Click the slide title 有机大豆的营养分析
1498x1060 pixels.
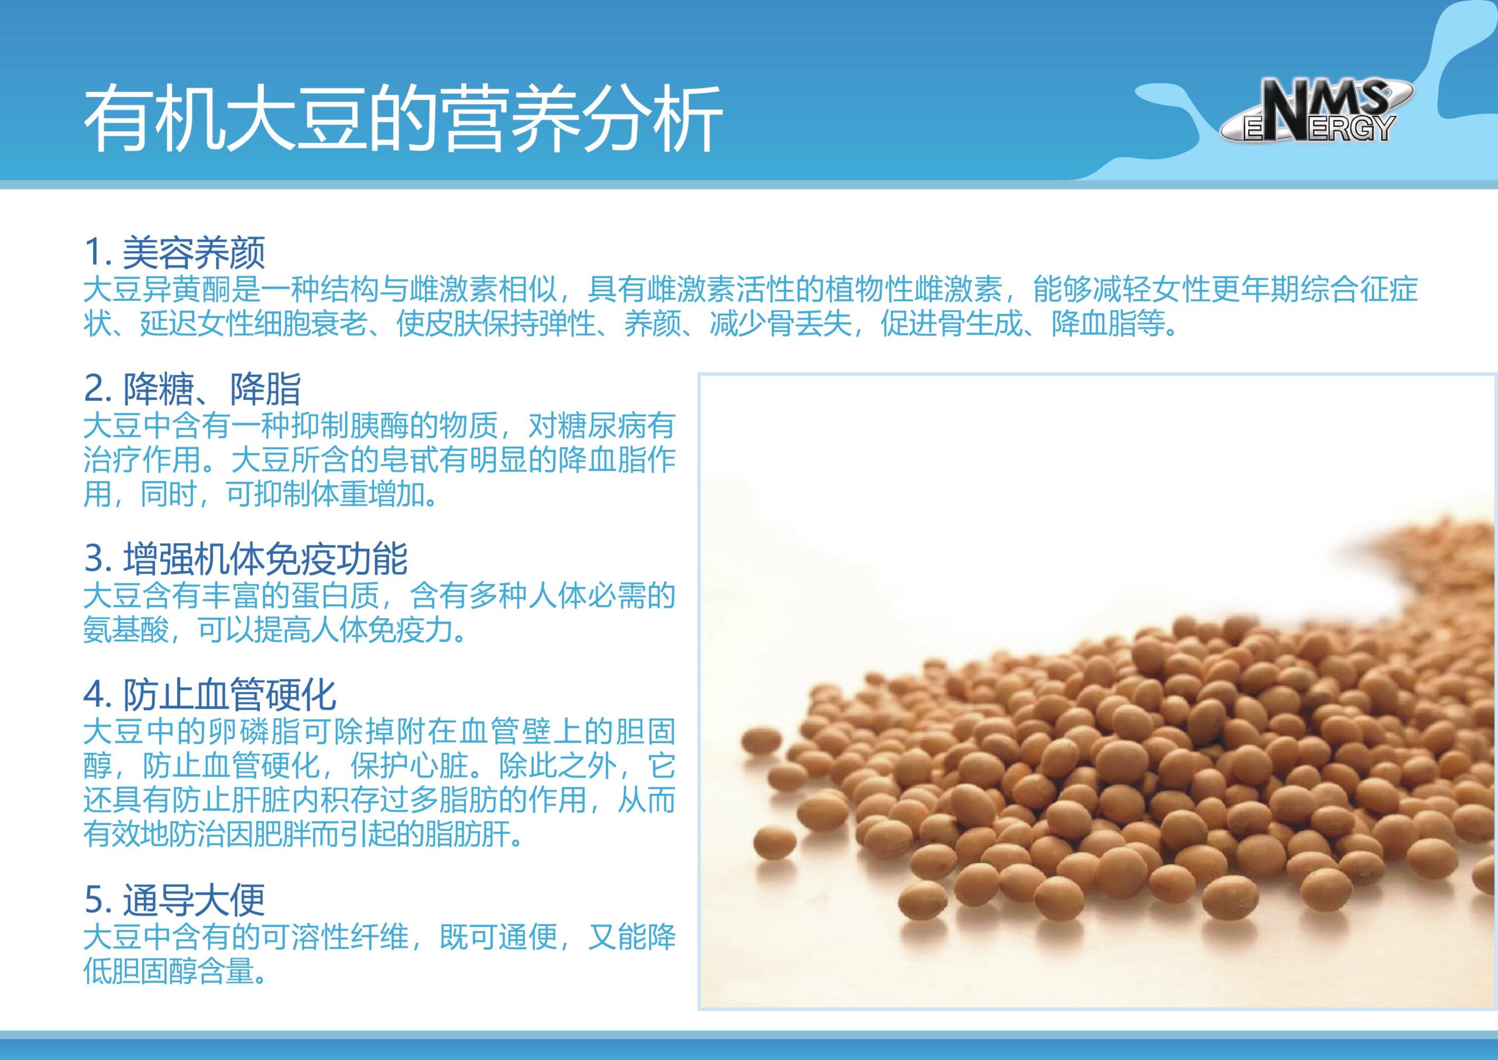coord(403,119)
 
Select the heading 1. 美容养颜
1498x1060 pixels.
coord(175,252)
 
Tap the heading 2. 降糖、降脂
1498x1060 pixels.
coord(193,389)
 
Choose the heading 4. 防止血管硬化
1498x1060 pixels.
coord(210,695)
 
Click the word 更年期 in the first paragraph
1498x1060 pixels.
coord(1255,289)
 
